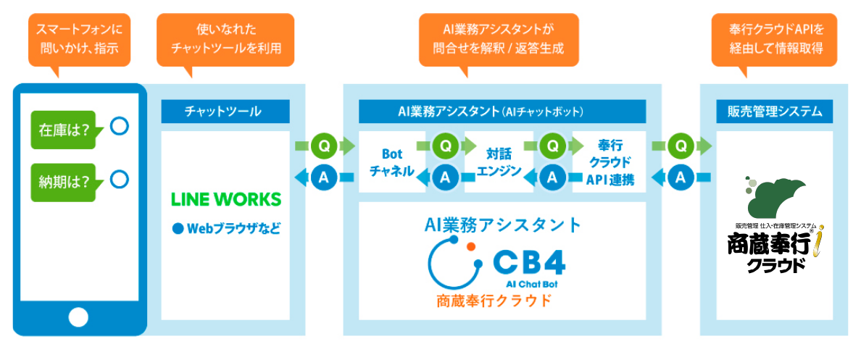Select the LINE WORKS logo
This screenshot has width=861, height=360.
tap(226, 199)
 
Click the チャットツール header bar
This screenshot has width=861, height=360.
tap(225, 112)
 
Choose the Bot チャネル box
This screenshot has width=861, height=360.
tap(392, 162)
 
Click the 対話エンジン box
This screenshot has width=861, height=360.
tap(499, 162)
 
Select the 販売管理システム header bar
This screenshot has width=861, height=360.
tap(774, 112)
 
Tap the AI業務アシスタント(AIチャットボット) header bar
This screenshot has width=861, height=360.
tap(502, 112)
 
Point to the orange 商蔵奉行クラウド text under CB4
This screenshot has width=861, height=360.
tap(494, 301)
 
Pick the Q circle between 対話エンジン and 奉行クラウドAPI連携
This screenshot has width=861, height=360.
tap(553, 146)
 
